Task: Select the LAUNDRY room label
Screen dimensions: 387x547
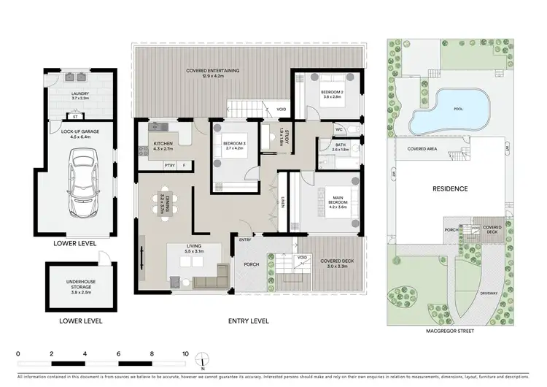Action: pos(79,96)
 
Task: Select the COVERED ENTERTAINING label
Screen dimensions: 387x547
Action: pos(213,73)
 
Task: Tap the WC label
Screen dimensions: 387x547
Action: pos(339,129)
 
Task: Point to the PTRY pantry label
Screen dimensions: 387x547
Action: pos(169,165)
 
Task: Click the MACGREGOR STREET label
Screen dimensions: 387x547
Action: pos(449,331)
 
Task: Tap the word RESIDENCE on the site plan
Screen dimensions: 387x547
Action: pos(450,188)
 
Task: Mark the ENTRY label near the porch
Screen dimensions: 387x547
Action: pos(244,239)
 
